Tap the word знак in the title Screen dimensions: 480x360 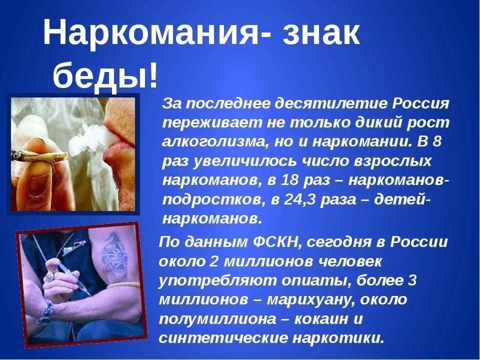pos(321,32)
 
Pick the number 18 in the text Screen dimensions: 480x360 pos(289,180)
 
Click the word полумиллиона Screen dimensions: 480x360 pos(217,319)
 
